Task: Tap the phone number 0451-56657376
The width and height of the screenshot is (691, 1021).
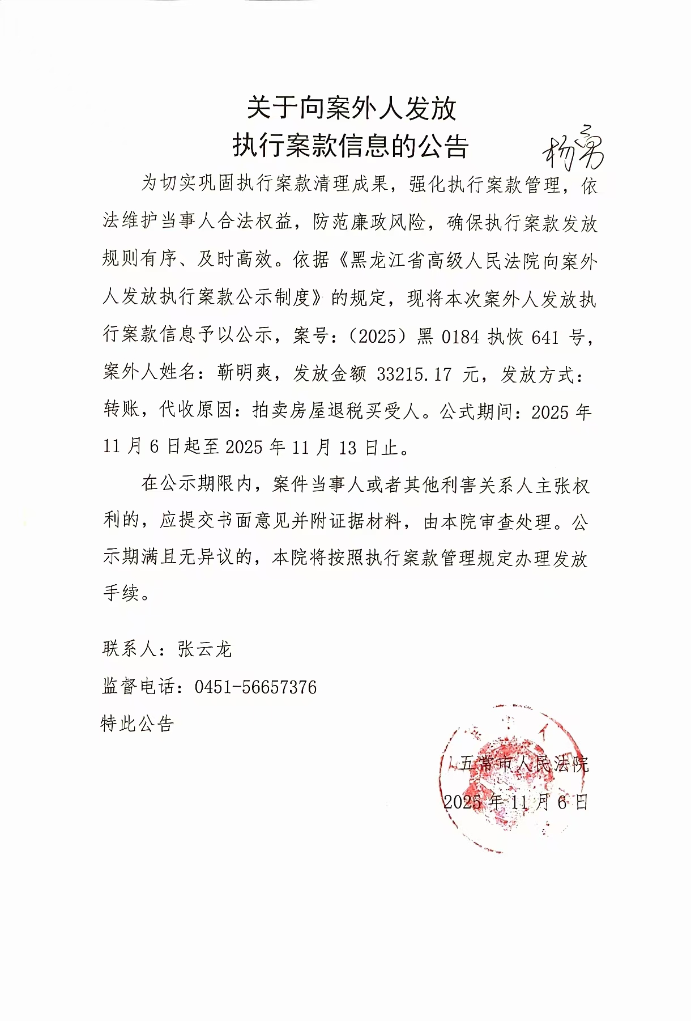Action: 255,687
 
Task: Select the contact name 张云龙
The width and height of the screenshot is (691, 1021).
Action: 205,649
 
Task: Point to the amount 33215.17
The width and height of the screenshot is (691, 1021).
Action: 414,375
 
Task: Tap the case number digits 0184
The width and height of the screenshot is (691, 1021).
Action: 460,337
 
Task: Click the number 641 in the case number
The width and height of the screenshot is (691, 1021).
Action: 548,337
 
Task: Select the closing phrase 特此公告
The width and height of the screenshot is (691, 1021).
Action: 137,724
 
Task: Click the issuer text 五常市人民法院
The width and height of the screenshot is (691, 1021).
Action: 524,764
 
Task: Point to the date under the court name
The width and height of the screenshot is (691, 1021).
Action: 515,802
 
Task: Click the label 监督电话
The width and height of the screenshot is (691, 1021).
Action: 139,687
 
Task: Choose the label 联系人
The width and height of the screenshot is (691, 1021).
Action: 130,649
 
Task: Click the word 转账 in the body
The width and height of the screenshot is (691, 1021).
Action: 121,410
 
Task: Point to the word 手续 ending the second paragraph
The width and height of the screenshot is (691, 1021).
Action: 121,593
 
